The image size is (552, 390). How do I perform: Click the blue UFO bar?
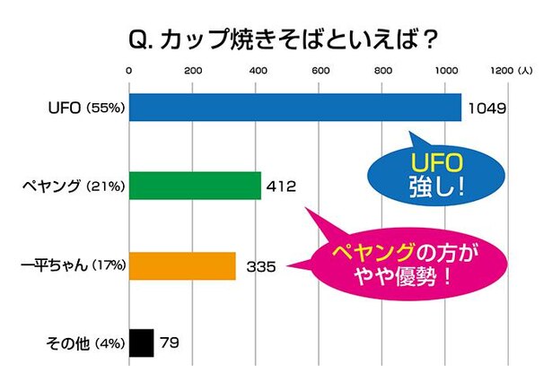(x=295, y=108)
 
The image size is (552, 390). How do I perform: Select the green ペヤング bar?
(x=195, y=186)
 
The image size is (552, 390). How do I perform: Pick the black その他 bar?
(x=142, y=343)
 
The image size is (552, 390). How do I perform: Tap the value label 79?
(x=170, y=343)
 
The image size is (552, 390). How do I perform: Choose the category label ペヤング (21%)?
(x=74, y=187)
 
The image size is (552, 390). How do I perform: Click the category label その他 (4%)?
(x=83, y=343)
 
